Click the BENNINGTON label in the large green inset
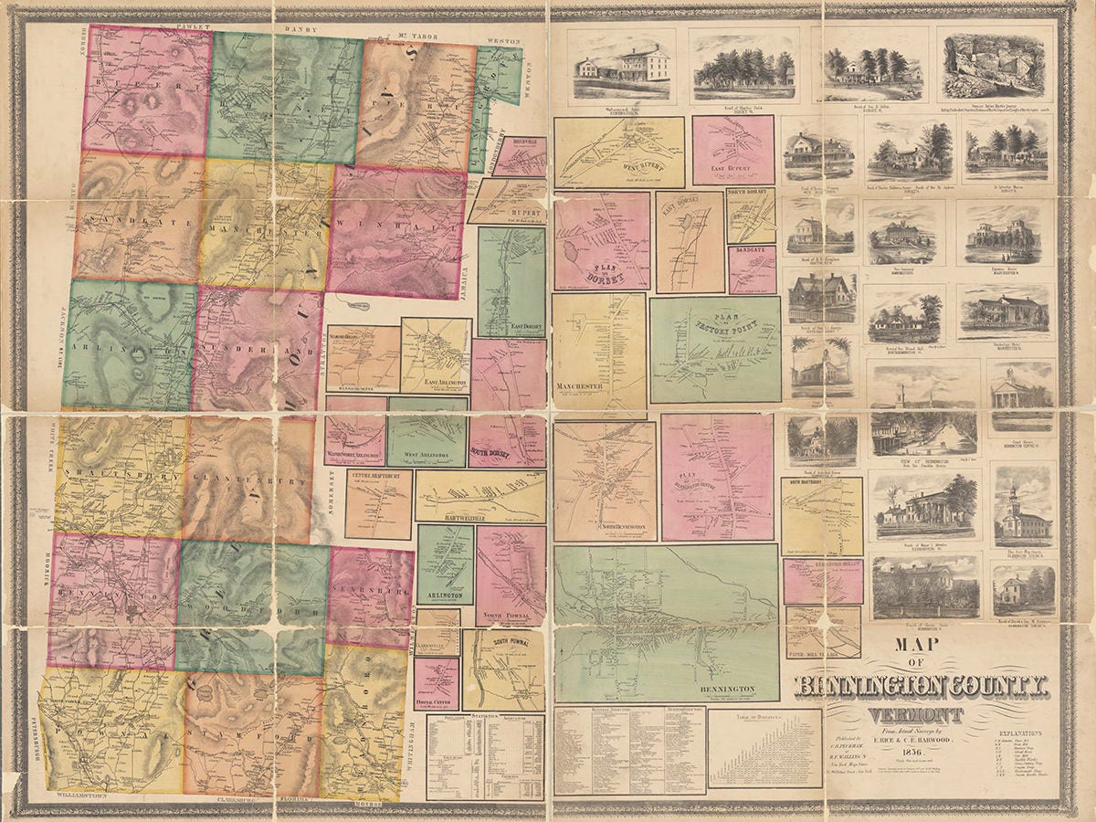tap(728, 688)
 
